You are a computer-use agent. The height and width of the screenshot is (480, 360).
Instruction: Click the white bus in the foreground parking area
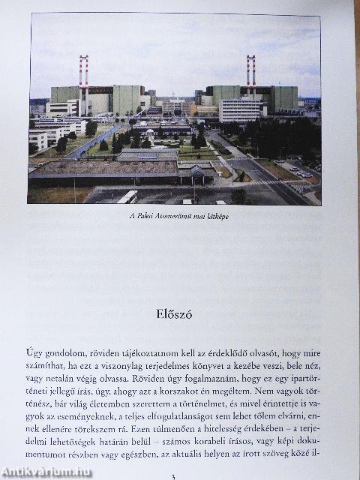tap(127, 196)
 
